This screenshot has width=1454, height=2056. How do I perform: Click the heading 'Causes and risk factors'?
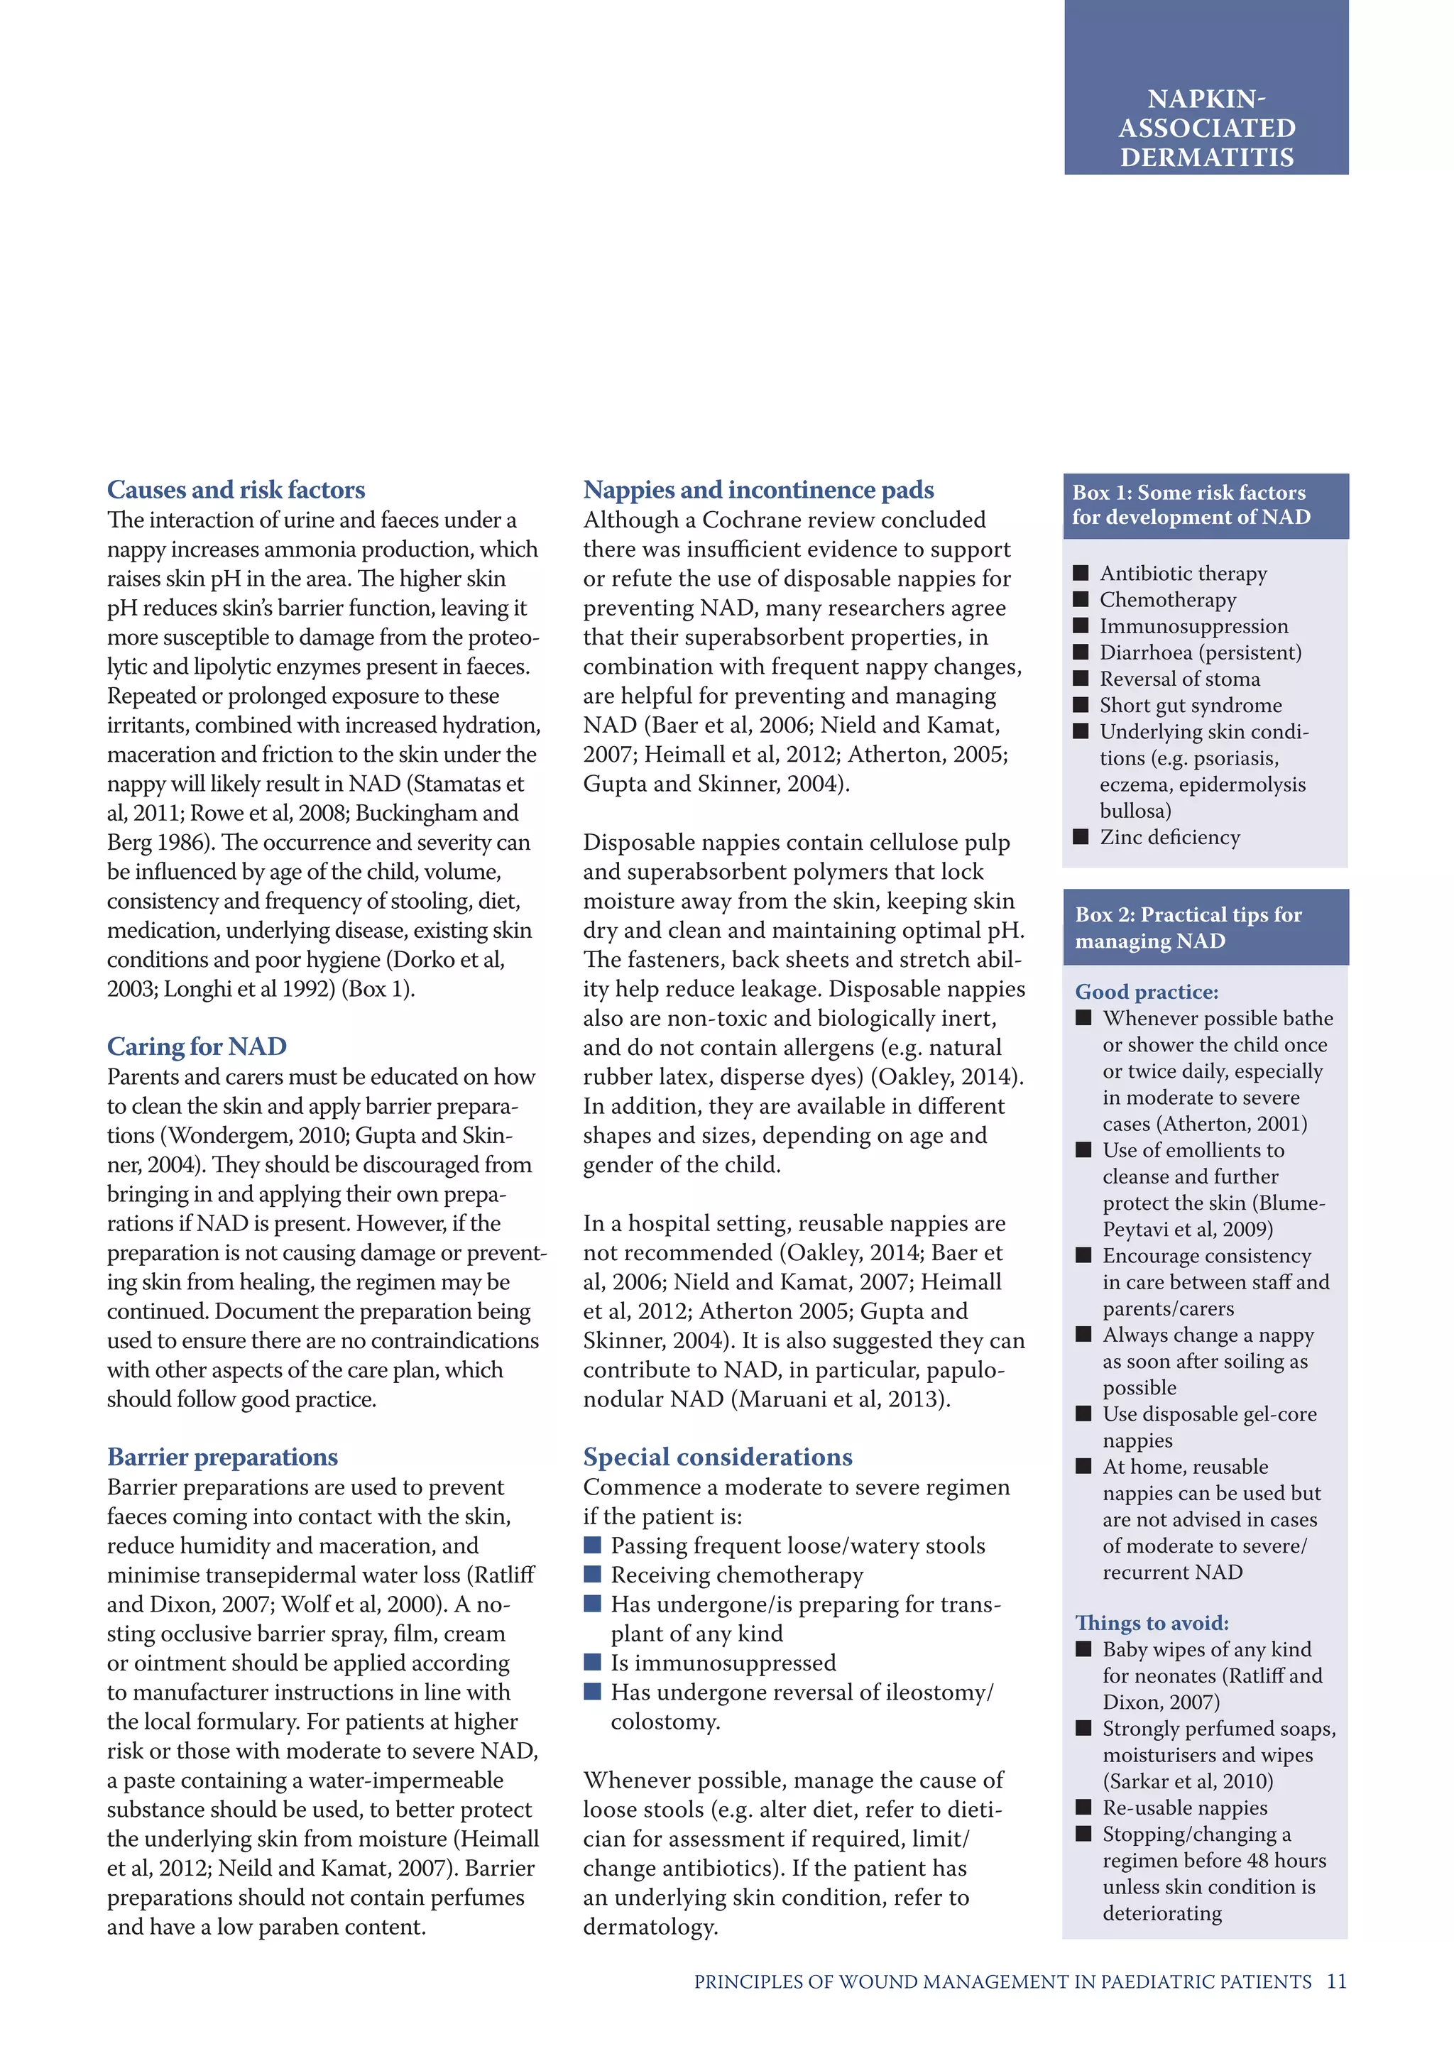pyautogui.click(x=236, y=490)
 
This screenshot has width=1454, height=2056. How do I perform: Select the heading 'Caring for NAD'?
pyautogui.click(x=196, y=1046)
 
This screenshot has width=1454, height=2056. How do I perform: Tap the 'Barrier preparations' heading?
pyautogui.click(x=222, y=1457)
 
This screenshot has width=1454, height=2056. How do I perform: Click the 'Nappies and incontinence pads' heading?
pyautogui.click(x=758, y=490)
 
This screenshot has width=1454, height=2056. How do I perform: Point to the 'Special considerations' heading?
pyautogui.click(x=717, y=1457)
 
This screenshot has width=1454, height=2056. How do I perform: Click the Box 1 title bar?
pyautogui.click(x=1204, y=505)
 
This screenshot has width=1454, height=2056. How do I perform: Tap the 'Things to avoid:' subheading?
pyautogui.click(x=1152, y=1623)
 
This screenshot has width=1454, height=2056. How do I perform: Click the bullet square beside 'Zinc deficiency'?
pyautogui.click(x=1081, y=836)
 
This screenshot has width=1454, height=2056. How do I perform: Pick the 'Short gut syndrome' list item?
pyautogui.click(x=1190, y=705)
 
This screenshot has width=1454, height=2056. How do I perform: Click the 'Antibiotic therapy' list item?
pyautogui.click(x=1183, y=573)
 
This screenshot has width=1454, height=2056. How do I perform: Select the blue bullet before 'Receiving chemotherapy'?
pyautogui.click(x=592, y=1574)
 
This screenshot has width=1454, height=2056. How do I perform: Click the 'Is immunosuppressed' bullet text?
pyautogui.click(x=723, y=1663)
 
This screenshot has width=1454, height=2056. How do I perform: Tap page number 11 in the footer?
pyautogui.click(x=1336, y=1981)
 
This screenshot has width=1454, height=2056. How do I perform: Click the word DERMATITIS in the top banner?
pyautogui.click(x=1206, y=158)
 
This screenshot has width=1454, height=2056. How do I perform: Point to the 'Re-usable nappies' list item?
pyautogui.click(x=1184, y=1808)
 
